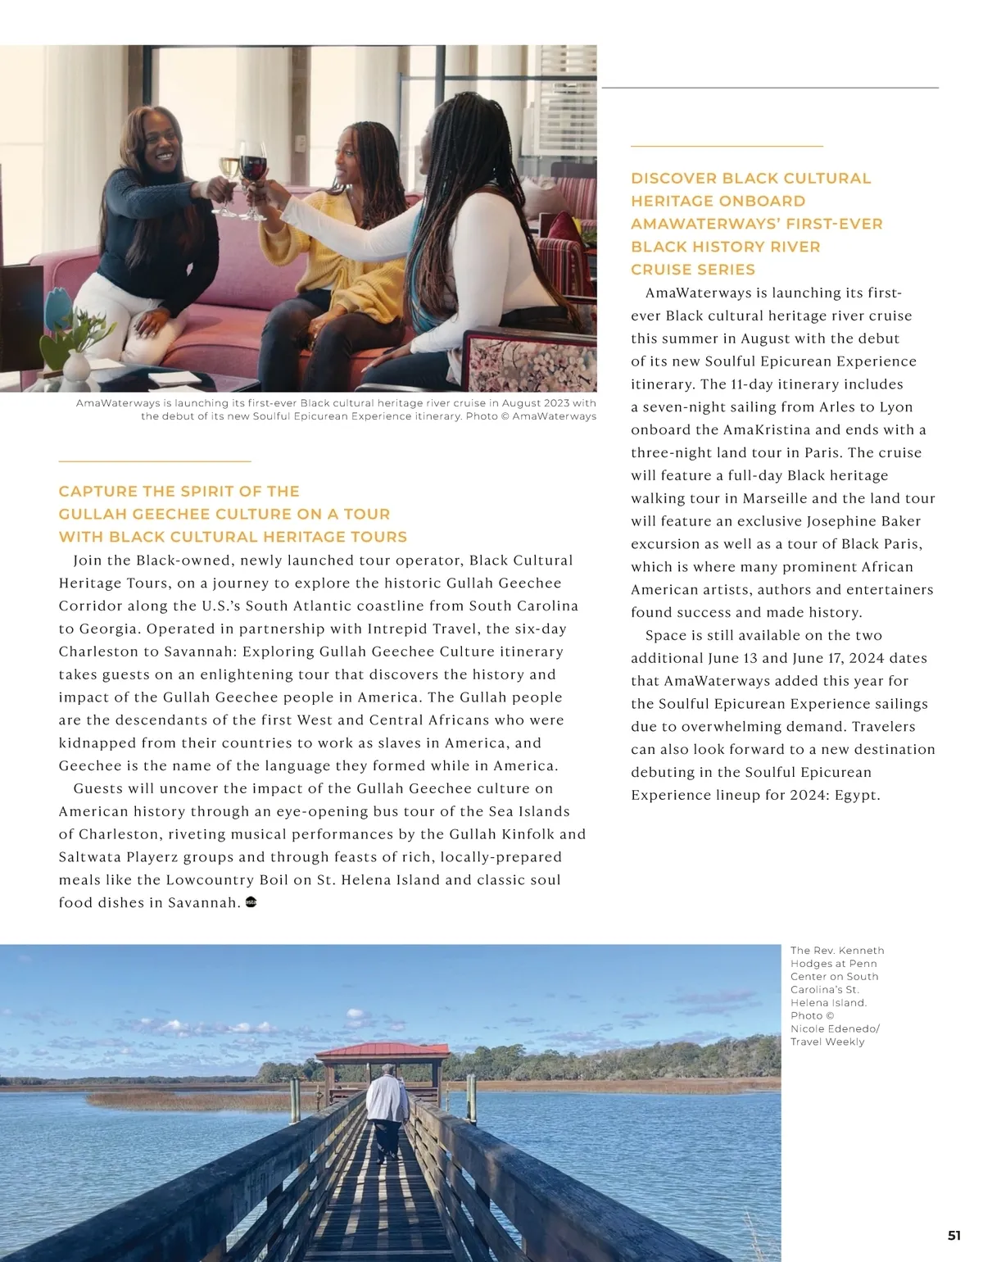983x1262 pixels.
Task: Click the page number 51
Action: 954,1236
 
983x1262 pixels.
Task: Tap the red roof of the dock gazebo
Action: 383,1050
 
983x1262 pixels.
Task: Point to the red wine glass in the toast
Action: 253,164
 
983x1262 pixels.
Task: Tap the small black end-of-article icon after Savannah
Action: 251,902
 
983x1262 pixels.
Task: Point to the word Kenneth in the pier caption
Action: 861,951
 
